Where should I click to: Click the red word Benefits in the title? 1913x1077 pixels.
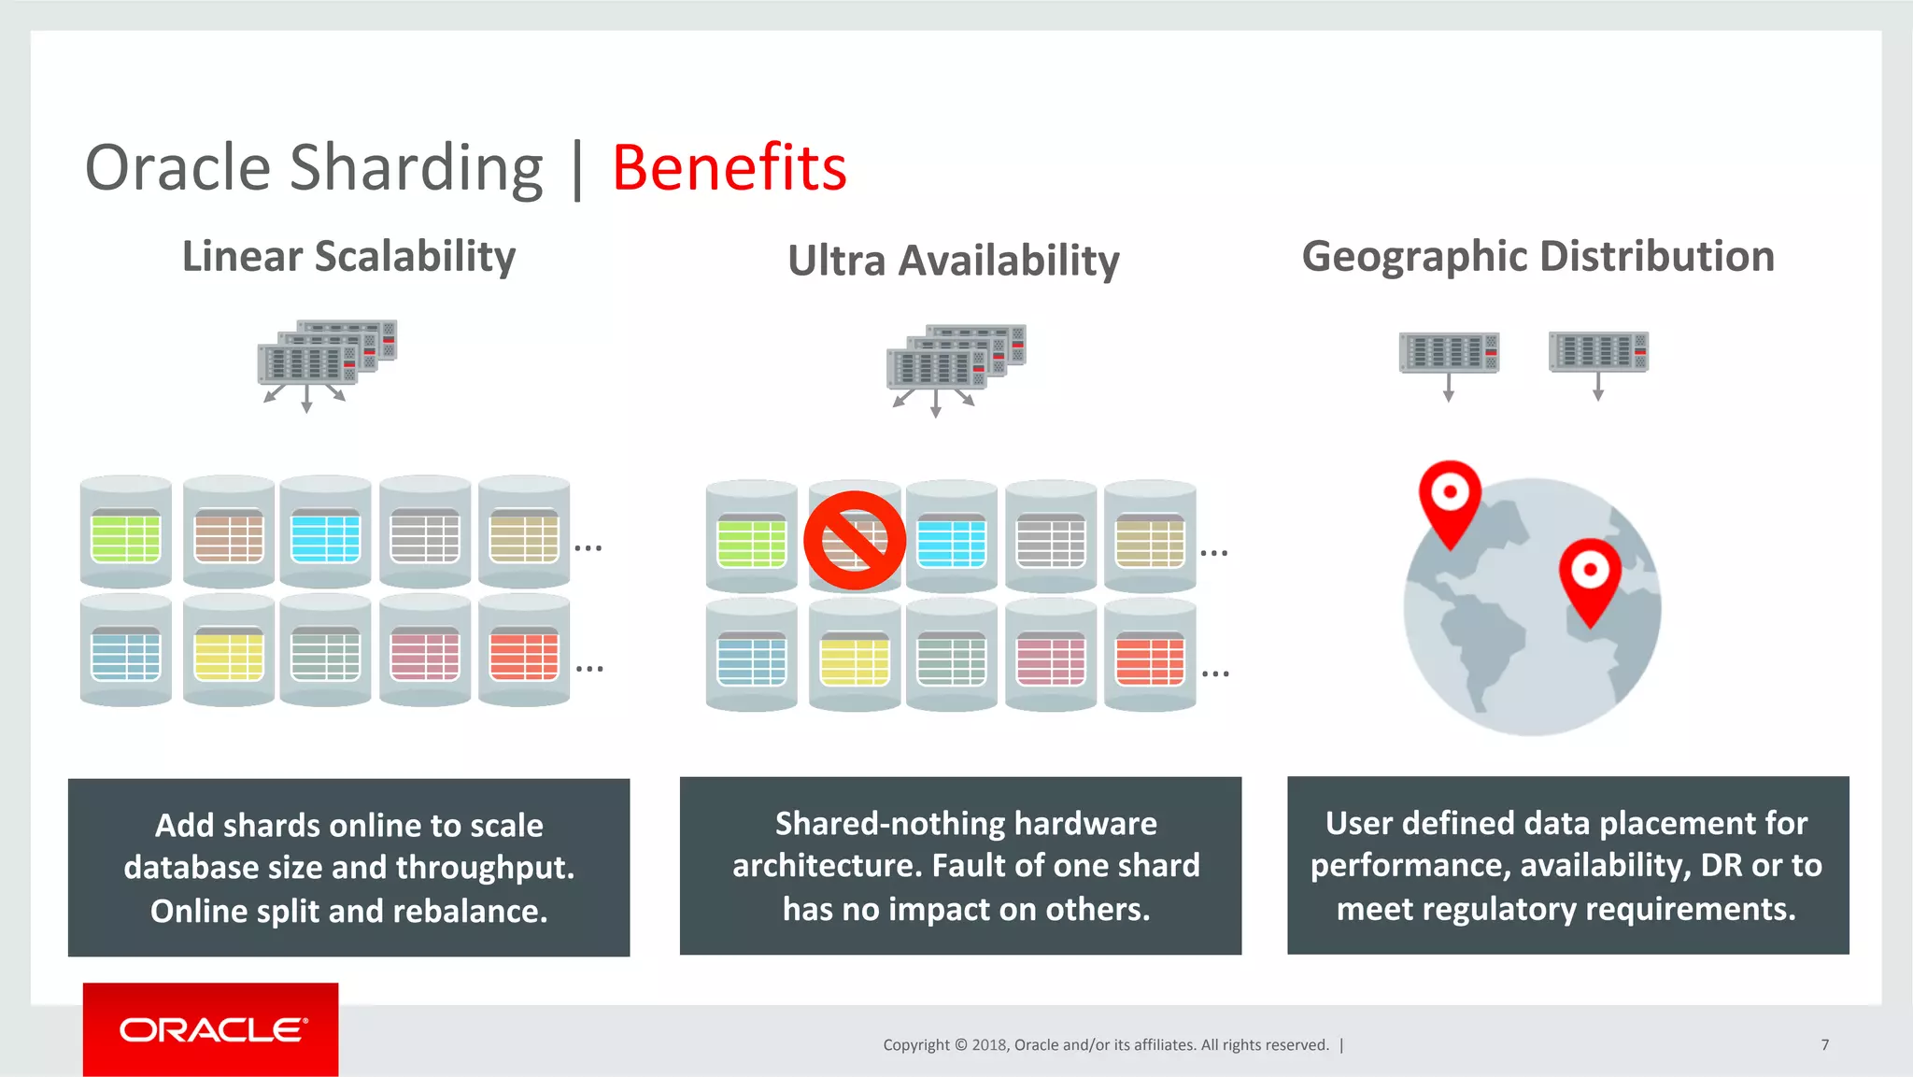point(729,168)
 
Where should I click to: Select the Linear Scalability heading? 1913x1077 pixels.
point(348,257)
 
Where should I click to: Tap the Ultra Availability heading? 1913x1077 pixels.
point(953,261)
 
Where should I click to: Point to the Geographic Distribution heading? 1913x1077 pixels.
point(1537,257)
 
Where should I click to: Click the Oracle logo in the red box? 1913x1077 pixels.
point(211,1029)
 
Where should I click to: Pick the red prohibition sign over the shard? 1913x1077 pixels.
point(854,540)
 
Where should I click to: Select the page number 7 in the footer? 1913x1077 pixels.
point(1824,1045)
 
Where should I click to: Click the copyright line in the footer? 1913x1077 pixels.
point(1106,1045)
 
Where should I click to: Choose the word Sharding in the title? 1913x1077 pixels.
point(416,168)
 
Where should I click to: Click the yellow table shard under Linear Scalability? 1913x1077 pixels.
point(229,655)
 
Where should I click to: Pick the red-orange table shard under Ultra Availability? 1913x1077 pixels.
point(1150,659)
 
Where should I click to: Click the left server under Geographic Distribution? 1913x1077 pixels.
point(1449,352)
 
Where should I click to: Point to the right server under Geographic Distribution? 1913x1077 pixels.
point(1598,352)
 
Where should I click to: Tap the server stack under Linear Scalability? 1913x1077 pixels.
point(326,353)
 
